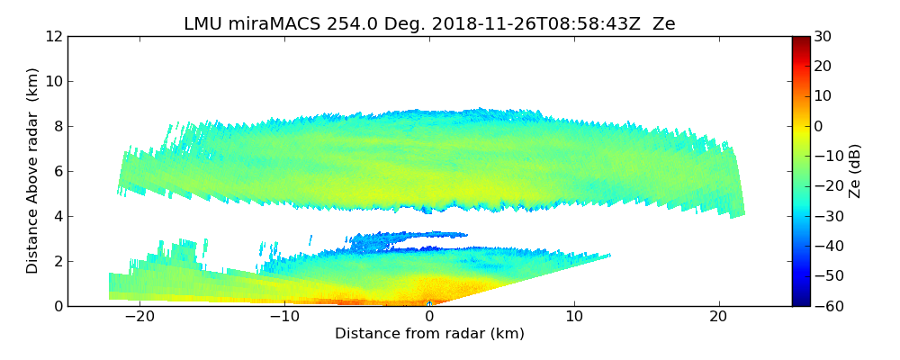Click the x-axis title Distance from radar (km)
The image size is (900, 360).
click(429, 334)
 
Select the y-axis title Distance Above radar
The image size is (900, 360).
click(33, 170)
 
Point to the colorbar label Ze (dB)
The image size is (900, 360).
click(855, 171)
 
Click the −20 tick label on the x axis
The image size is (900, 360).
click(139, 317)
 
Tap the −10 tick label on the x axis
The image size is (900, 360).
click(284, 317)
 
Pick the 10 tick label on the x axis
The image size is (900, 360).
click(574, 317)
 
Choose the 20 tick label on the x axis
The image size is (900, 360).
click(718, 317)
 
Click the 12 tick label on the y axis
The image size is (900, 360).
click(54, 36)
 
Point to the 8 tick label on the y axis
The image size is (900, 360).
click(58, 126)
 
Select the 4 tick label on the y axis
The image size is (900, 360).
click(58, 216)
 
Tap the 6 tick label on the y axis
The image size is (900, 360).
click(58, 171)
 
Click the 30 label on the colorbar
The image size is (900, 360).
click(823, 36)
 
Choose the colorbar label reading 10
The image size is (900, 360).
click(823, 96)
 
